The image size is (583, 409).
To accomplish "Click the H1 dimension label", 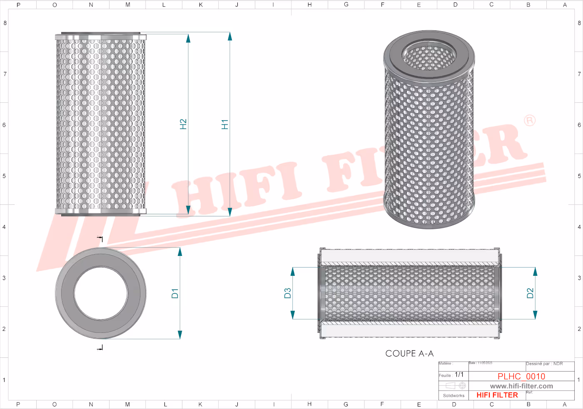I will (x=225, y=124).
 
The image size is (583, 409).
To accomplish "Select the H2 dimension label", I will (x=183, y=124).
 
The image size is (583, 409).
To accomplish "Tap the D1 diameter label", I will (x=175, y=293).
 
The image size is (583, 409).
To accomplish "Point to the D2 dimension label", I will (x=530, y=293).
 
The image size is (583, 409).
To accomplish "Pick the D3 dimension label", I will (x=288, y=293).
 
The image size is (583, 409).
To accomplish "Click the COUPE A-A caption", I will (x=409, y=354).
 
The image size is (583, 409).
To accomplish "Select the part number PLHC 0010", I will (x=521, y=376).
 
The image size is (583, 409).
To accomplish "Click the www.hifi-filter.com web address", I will (x=521, y=386).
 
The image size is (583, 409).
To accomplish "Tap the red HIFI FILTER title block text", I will (x=497, y=395).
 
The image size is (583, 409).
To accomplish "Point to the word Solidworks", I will (x=453, y=396).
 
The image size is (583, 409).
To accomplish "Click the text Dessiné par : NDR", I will (x=544, y=364).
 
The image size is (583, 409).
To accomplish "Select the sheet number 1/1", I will (x=459, y=375).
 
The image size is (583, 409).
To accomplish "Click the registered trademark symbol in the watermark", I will (x=529, y=121).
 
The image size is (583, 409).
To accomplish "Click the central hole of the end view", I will (x=101, y=293).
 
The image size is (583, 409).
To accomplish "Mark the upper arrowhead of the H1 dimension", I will (x=230, y=37).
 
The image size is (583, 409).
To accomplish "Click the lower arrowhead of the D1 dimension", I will (x=180, y=335).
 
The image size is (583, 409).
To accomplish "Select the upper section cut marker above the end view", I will (x=100, y=239).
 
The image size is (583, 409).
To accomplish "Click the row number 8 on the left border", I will (x=5, y=23).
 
